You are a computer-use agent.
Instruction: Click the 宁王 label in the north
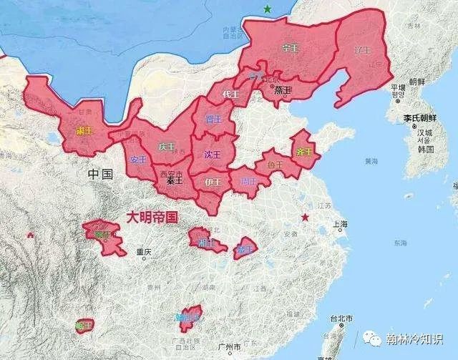coord(291,48)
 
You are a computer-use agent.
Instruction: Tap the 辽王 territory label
coord(364,51)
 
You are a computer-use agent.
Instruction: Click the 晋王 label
coord(213,119)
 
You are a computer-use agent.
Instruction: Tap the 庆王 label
coord(167,146)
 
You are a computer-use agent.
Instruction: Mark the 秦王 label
coord(175,180)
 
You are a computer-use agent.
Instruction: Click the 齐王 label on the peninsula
coord(303,152)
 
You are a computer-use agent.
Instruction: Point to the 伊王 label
coord(213,181)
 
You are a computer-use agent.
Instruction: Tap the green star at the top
coord(268,9)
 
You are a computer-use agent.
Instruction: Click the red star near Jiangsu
coord(306,216)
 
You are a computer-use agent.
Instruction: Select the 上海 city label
coord(341,224)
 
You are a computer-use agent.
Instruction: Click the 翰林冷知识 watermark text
coord(418,340)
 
